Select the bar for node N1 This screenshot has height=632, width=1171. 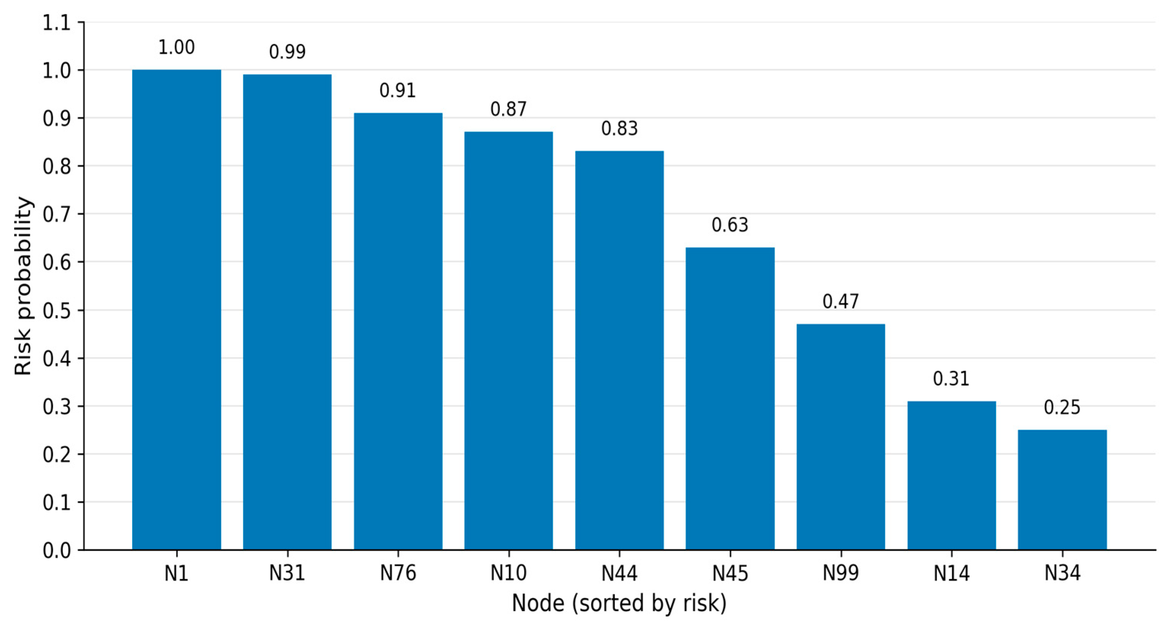pos(176,310)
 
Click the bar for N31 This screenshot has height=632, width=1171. pos(287,312)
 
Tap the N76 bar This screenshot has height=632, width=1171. pos(398,331)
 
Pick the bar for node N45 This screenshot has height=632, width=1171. pos(730,398)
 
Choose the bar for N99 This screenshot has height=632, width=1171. pos(841,437)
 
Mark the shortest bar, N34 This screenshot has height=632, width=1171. pos(1063,490)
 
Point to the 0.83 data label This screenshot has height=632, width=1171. pos(620,129)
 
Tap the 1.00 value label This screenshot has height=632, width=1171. pos(176,47)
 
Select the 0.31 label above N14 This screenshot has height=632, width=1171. pos(951,379)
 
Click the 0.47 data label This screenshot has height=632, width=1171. pos(841,302)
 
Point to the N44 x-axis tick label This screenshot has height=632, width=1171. pos(620,573)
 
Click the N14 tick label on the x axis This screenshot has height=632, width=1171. pos(951,573)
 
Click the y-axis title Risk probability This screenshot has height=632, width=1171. pos(23,286)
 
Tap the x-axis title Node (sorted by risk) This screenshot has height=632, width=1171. pos(619,604)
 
